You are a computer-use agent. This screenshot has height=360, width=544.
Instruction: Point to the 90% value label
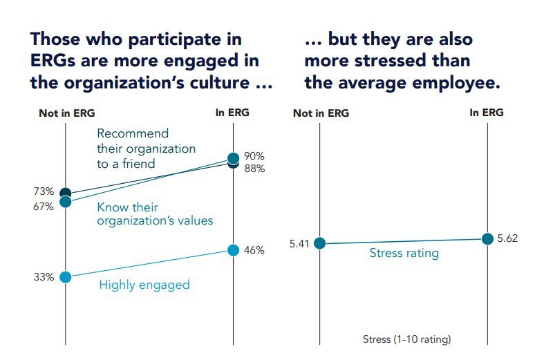pyautogui.click(x=254, y=156)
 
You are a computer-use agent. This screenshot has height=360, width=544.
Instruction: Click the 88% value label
pyautogui.click(x=254, y=168)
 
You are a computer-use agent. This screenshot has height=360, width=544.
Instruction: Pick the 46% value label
pyautogui.click(x=254, y=250)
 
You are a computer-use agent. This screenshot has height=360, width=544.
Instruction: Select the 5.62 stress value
pyautogui.click(x=507, y=238)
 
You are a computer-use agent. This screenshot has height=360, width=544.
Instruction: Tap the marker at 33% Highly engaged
pyautogui.click(x=65, y=277)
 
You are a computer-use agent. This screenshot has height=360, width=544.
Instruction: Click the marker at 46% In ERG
pyautogui.click(x=233, y=250)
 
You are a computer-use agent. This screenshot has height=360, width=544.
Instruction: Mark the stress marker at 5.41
pyautogui.click(x=319, y=243)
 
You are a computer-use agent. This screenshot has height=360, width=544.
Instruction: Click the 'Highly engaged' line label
pyautogui.click(x=144, y=285)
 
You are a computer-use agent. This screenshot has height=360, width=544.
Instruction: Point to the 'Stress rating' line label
pyautogui.click(x=404, y=253)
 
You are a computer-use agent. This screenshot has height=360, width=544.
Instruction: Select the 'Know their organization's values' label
pyautogui.click(x=155, y=214)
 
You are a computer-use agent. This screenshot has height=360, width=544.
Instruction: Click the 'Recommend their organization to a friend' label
pyautogui.click(x=146, y=149)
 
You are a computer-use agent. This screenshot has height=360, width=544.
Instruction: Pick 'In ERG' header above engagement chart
pyautogui.click(x=233, y=113)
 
